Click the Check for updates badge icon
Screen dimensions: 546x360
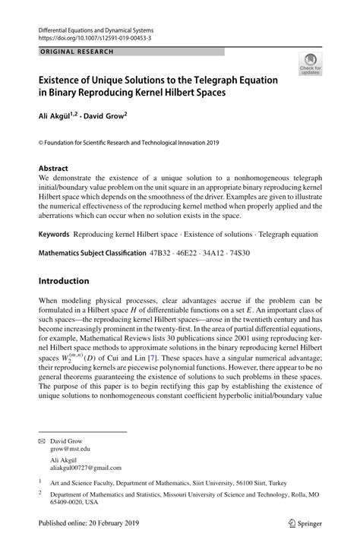tap(310, 64)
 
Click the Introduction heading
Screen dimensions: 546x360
tap(64, 281)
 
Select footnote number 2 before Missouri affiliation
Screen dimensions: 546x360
tap(40, 492)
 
